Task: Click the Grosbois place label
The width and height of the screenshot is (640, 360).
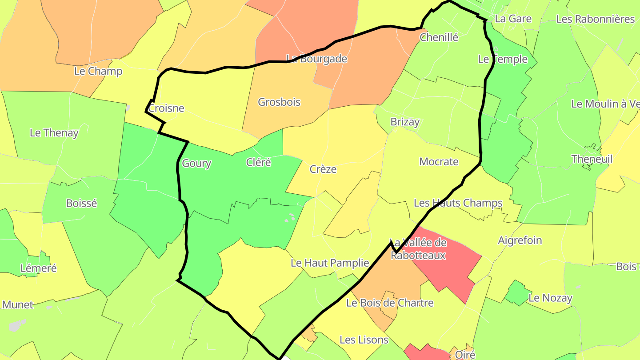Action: (x=279, y=102)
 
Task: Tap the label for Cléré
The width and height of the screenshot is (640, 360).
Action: (x=258, y=162)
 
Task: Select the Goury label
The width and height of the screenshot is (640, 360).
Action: (x=196, y=164)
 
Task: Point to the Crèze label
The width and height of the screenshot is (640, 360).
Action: (x=323, y=169)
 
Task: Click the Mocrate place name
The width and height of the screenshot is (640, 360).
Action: (x=439, y=162)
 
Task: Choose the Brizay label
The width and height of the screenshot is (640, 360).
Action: (x=405, y=122)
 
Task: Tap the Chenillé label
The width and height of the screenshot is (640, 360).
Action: (x=439, y=37)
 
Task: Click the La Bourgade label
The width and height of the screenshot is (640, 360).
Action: (x=317, y=59)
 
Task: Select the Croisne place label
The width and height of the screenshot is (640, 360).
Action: (x=166, y=108)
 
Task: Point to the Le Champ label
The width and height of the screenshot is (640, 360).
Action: (x=98, y=71)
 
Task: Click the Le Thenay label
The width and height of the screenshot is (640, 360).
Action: (x=54, y=132)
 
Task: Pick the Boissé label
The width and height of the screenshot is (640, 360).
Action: (x=81, y=203)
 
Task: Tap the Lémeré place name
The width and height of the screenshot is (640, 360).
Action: (x=39, y=268)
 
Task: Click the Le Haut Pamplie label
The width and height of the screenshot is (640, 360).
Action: (x=330, y=263)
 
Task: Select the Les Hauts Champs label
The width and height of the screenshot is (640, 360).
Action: (x=458, y=203)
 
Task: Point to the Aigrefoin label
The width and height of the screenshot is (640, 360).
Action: (x=520, y=240)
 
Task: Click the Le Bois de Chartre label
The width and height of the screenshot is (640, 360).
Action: (x=390, y=303)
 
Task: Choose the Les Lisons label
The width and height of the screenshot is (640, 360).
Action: (x=364, y=340)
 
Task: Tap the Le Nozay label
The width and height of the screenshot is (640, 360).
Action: (x=550, y=298)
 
